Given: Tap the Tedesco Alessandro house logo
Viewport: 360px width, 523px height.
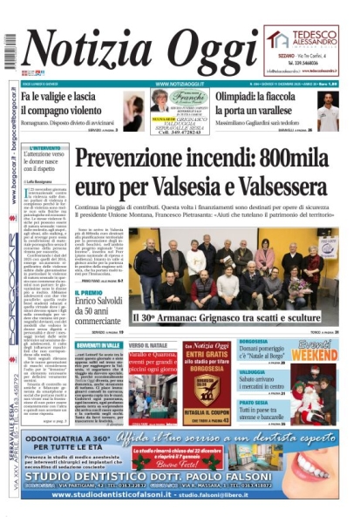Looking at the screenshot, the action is (x=279, y=38).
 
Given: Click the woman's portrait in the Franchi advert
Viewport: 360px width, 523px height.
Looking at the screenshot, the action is (x=134, y=112).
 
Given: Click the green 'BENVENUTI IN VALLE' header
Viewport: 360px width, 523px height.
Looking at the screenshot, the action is (x=98, y=346).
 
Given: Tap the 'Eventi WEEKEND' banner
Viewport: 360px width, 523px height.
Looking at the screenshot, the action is (x=315, y=350).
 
